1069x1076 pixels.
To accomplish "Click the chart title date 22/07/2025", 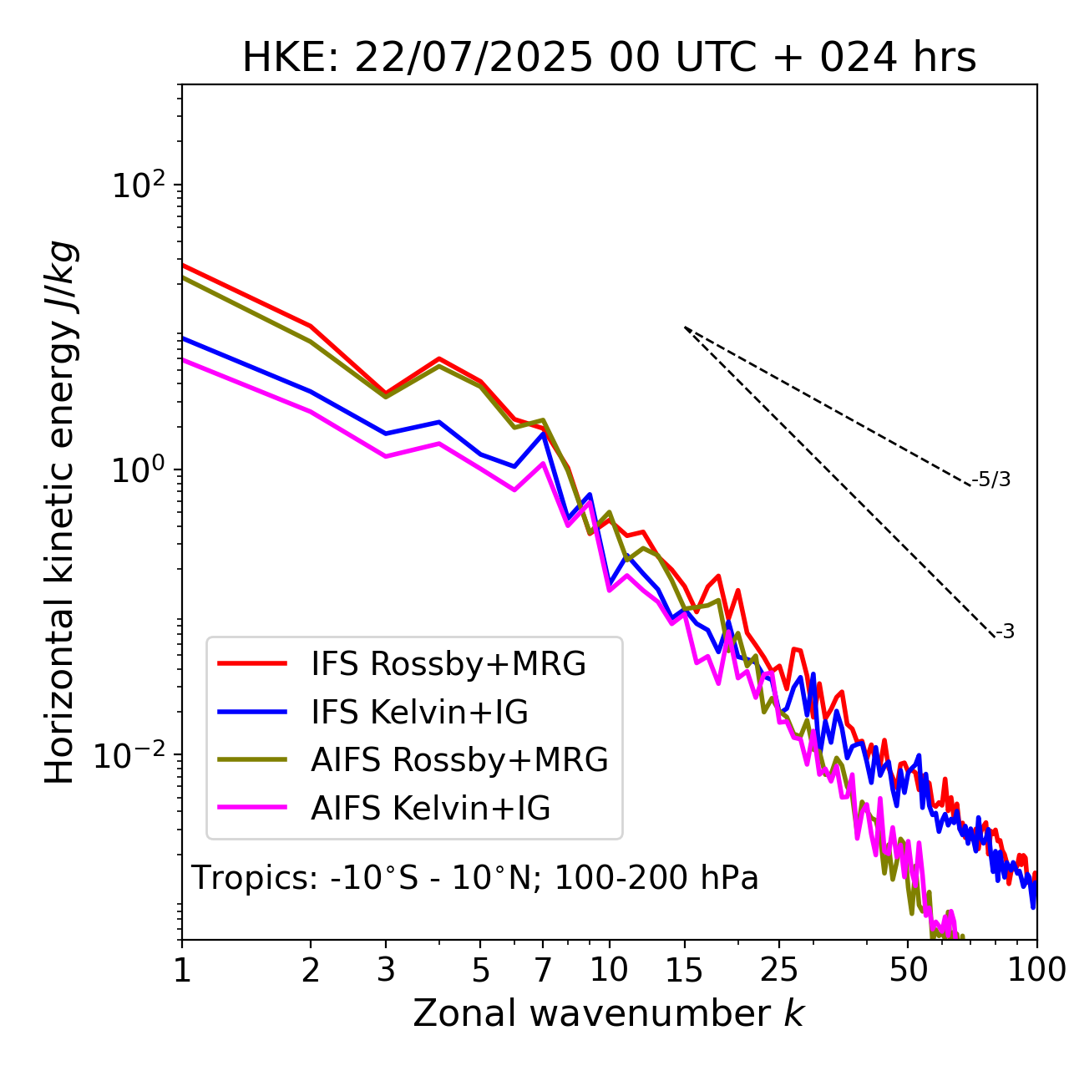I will [x=474, y=58].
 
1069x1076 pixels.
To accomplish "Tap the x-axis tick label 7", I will [x=543, y=970].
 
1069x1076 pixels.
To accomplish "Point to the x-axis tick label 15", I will [x=684, y=970].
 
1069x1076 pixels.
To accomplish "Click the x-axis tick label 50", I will [x=909, y=970].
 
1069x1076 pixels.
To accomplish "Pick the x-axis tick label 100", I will [x=1037, y=970].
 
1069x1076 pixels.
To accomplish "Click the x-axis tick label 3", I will [x=386, y=970].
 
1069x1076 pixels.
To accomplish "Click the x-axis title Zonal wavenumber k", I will [x=608, y=1013].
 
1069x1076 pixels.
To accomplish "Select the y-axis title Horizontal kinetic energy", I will [x=60, y=513].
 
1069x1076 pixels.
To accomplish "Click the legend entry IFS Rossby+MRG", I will [x=448, y=664].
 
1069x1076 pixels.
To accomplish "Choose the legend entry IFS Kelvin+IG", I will [x=419, y=712].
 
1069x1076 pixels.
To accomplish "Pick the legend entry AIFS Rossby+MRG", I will [x=459, y=759].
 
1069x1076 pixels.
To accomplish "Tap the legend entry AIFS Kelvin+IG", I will [x=430, y=808].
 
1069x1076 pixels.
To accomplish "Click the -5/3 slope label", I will [x=991, y=480].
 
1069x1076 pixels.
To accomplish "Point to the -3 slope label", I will [x=1005, y=632].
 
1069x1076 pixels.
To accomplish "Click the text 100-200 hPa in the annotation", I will [x=656, y=878].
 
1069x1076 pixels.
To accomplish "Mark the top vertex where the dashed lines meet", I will [x=685, y=327].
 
